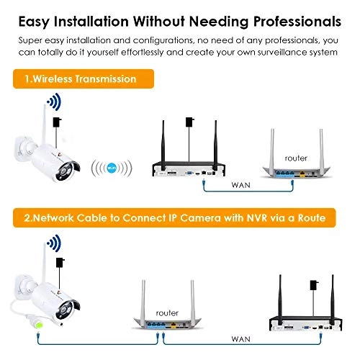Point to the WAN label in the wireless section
click(x=241, y=185)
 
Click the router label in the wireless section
click(x=295, y=158)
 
